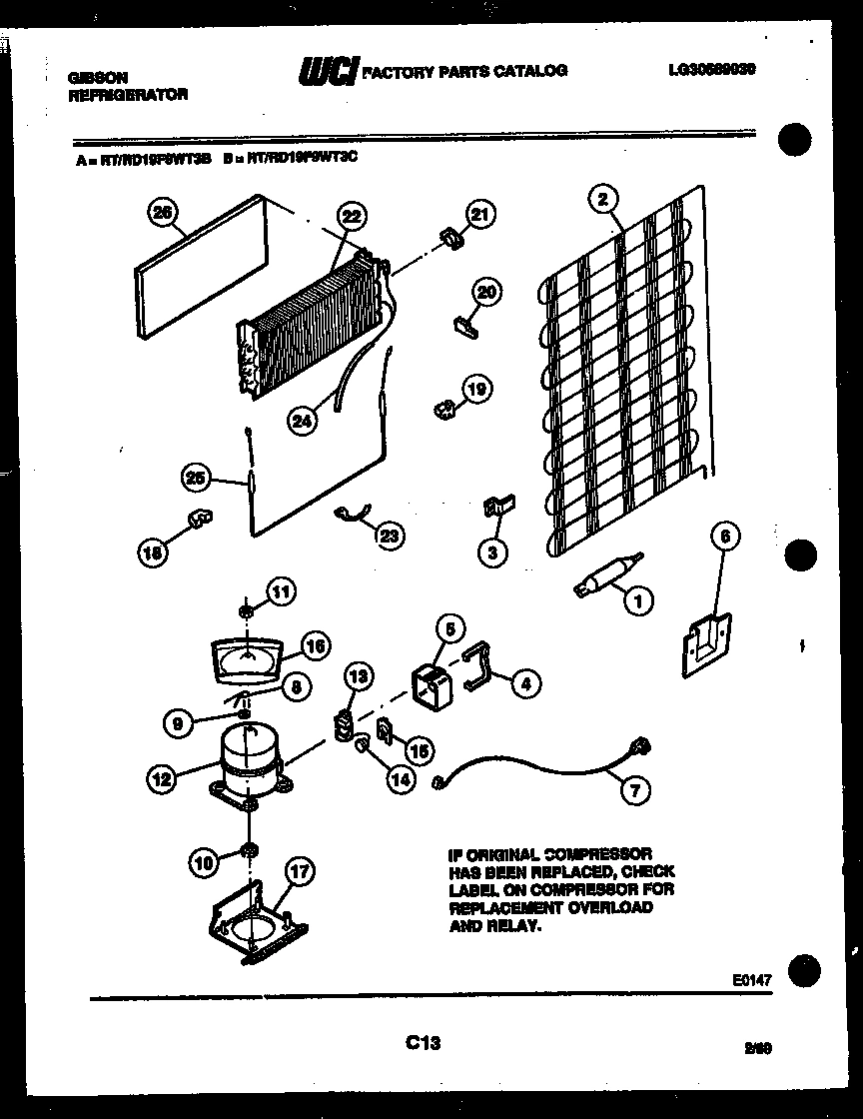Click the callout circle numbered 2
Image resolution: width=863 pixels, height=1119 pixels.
(601, 199)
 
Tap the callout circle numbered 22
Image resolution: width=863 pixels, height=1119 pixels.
(351, 216)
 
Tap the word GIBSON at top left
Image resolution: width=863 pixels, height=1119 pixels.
(90, 76)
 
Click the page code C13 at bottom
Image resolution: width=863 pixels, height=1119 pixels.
(424, 1043)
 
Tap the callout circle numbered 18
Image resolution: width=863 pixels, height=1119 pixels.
(151, 550)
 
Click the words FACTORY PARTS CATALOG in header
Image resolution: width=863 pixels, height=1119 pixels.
(463, 71)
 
